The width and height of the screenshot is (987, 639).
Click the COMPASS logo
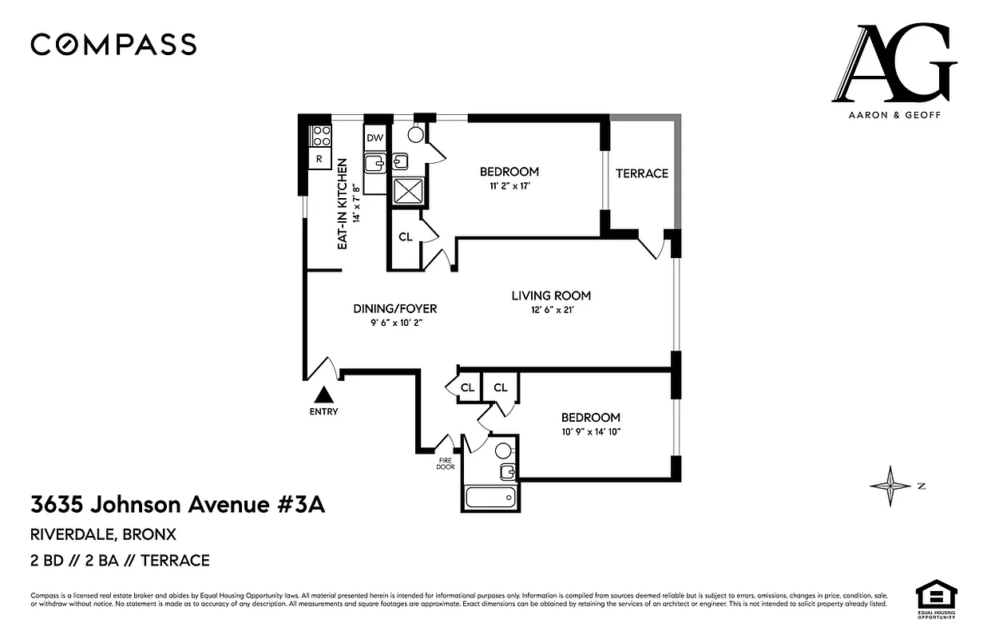click(x=113, y=44)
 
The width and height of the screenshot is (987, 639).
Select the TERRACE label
click(x=641, y=173)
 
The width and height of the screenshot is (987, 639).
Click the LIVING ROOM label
click(x=551, y=296)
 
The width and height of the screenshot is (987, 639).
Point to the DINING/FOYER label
click(x=395, y=308)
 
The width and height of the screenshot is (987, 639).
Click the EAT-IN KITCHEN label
click(x=342, y=204)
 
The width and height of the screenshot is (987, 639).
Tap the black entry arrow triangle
click(x=324, y=395)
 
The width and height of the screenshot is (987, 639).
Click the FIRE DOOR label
click(x=446, y=464)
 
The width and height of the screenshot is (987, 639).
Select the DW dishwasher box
click(x=375, y=138)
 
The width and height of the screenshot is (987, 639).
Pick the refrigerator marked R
click(x=319, y=159)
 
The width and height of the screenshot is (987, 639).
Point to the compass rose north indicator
click(x=890, y=486)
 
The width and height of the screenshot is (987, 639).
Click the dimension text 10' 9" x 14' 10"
click(x=590, y=432)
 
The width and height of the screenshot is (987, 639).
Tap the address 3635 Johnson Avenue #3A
click(x=178, y=505)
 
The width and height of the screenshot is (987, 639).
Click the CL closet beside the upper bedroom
click(x=405, y=236)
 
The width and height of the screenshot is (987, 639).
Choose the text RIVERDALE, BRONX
click(x=103, y=534)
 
